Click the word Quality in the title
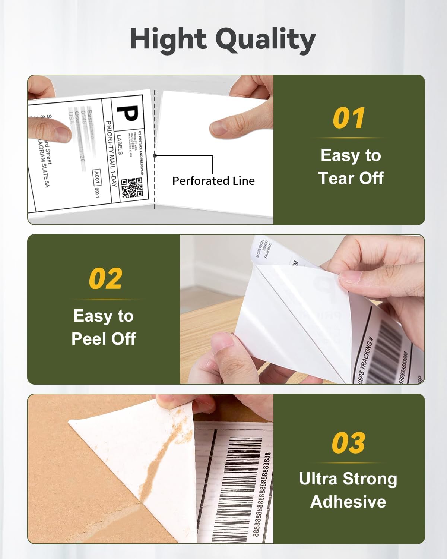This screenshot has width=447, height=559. coord(266,40)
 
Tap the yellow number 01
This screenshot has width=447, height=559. coord(349,119)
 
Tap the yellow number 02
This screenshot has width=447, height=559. coord(105,279)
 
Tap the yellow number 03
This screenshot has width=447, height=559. coord(349,443)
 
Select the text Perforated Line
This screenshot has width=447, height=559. coord(213,181)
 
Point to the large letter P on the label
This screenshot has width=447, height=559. coord(128,113)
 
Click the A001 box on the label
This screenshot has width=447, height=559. coord(96,178)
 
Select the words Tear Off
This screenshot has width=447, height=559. coord(351,178)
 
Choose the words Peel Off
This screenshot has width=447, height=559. coord(104,339)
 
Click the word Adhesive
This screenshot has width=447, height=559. coord(348,502)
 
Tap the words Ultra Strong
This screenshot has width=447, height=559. coord(348,479)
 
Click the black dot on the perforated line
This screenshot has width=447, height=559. coord(155,156)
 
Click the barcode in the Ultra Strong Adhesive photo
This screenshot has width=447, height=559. coord(238,484)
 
